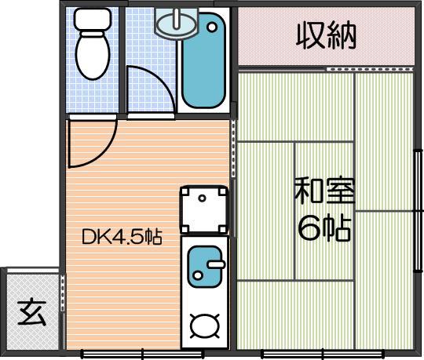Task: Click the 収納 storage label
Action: (x=326, y=36)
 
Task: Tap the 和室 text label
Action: (x=324, y=191)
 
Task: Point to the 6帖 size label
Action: (x=324, y=227)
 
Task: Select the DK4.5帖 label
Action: (x=122, y=237)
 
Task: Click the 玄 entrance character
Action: (x=32, y=311)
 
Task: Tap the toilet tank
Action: (x=93, y=20)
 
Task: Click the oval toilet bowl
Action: (x=93, y=56)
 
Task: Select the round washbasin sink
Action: (x=177, y=25)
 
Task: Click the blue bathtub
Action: (x=203, y=60)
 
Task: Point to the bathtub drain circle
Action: (x=212, y=27)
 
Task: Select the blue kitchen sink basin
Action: (x=205, y=267)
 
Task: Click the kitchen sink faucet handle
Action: (x=216, y=264)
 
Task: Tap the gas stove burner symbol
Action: (x=205, y=326)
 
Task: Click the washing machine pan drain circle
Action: (x=202, y=198)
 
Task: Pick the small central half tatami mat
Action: (x=324, y=211)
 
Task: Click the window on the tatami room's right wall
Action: (x=419, y=210)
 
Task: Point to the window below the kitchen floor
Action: (x=142, y=354)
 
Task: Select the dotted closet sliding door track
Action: (x=370, y=69)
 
